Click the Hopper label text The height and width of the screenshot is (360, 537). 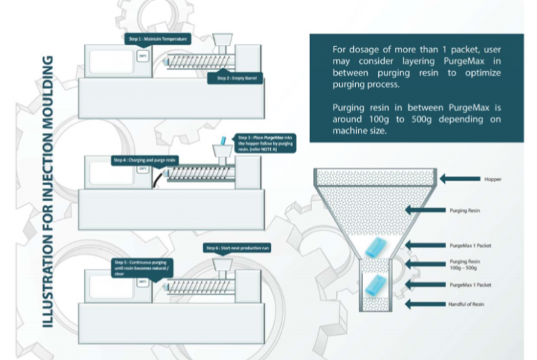pyautogui.click(x=493, y=179)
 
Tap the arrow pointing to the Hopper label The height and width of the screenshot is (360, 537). pyautogui.click(x=461, y=179)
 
